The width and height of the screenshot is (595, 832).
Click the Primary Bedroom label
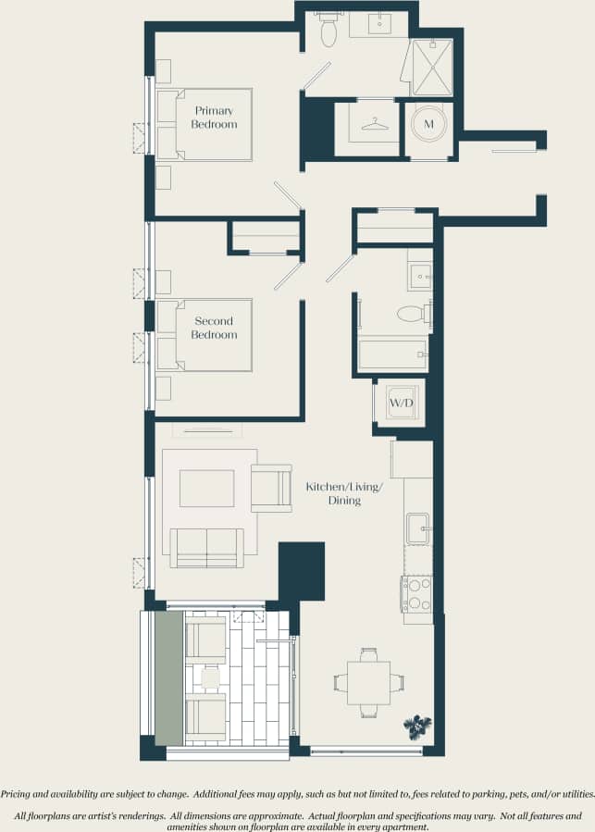(x=214, y=118)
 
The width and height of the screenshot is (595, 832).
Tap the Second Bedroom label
(x=214, y=328)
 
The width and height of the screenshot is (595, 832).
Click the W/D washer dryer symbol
(x=401, y=404)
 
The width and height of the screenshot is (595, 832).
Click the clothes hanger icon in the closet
(x=374, y=123)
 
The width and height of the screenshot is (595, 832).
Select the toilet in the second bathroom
(x=412, y=314)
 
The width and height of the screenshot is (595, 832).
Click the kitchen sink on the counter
(x=418, y=529)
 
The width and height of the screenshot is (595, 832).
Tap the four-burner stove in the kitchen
(x=416, y=593)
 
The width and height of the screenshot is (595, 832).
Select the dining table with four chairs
(x=368, y=683)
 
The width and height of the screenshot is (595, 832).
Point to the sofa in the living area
(x=206, y=547)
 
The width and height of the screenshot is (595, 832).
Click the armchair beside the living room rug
(x=271, y=487)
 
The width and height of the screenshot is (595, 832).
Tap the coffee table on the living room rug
(x=206, y=488)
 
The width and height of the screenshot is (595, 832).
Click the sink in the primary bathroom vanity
(x=380, y=24)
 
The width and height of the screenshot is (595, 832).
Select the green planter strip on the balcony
(x=168, y=677)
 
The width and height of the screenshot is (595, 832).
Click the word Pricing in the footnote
(x=19, y=794)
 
